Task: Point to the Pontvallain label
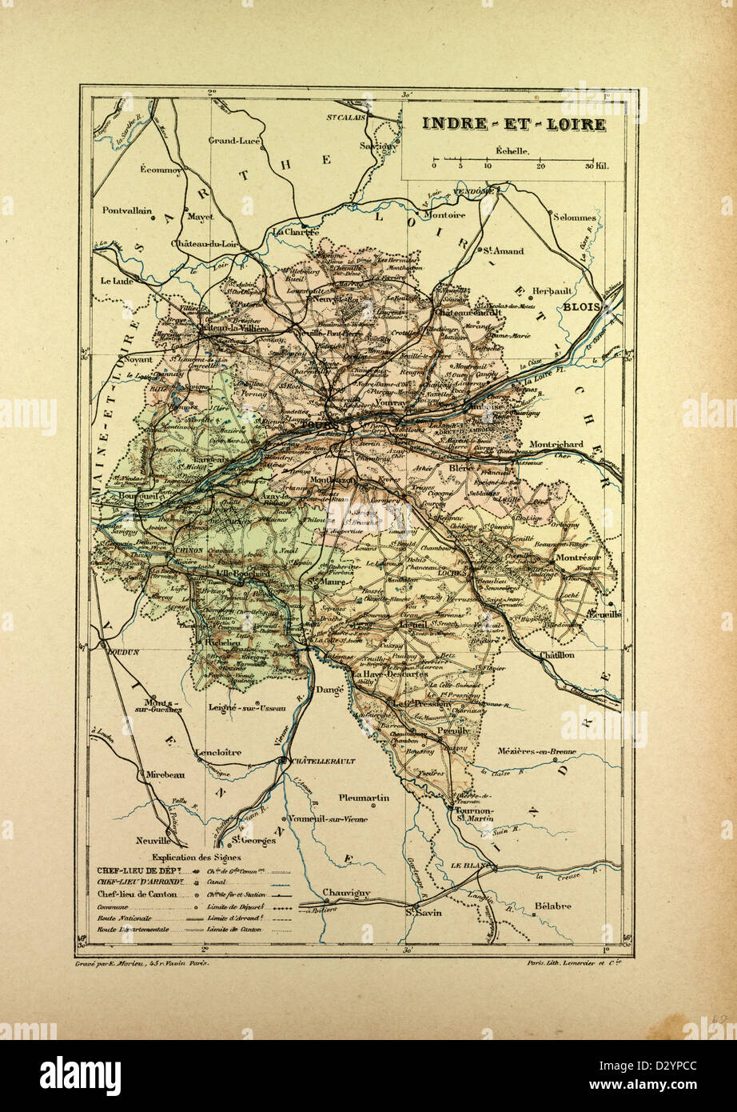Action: [127, 210]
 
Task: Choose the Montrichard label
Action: [556, 444]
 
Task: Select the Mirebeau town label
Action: [165, 775]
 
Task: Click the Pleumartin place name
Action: [364, 798]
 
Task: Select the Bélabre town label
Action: [552, 906]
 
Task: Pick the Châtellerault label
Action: [324, 761]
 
